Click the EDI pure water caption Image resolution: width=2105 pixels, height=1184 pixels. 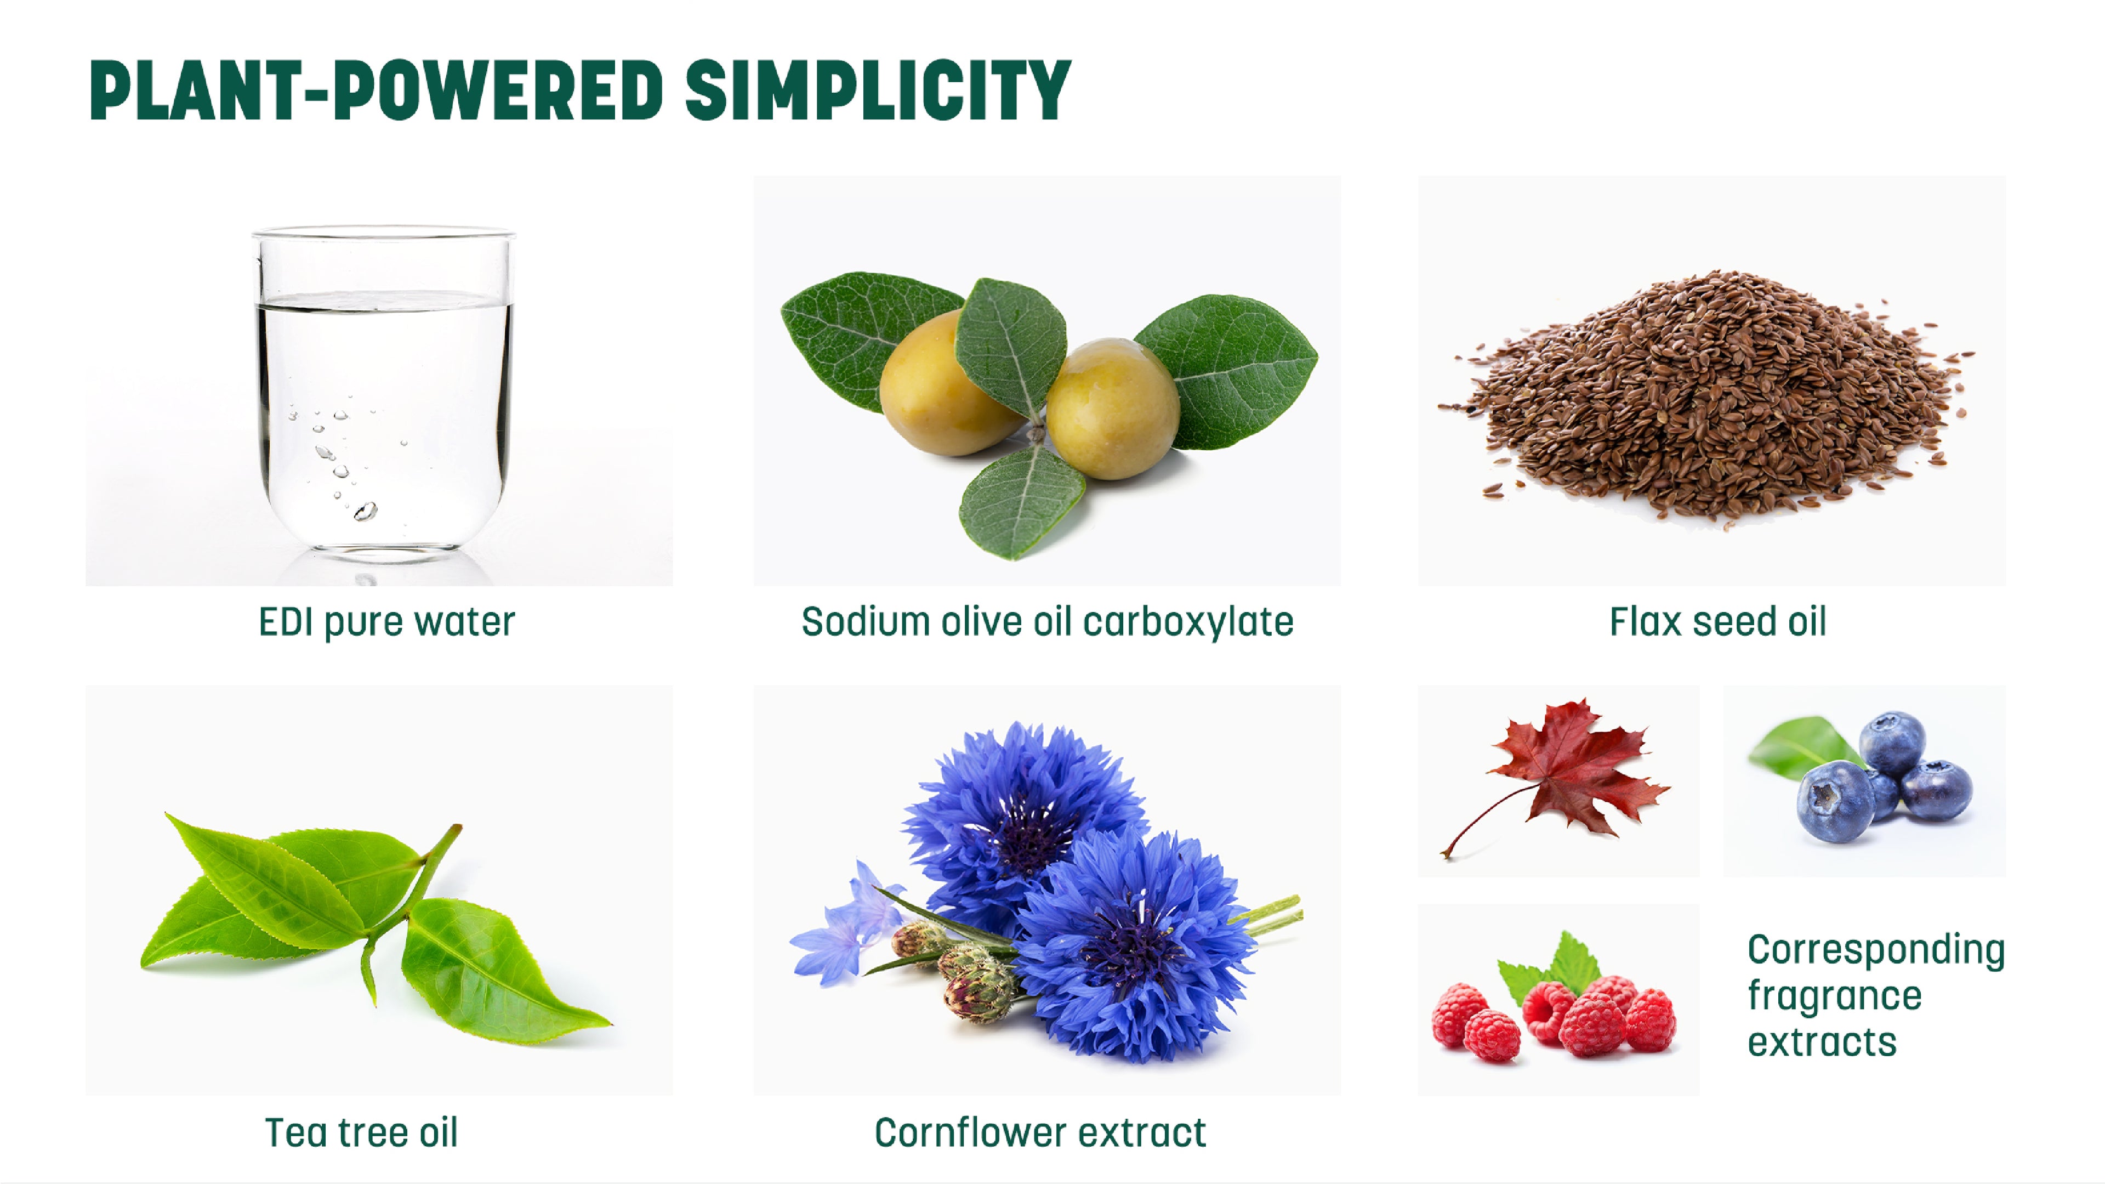pos(386,622)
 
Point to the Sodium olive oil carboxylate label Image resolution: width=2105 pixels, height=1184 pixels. pos(1047,622)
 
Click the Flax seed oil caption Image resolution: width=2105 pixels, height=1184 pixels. pos(1717,622)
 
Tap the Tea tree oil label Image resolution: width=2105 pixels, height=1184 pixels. pos(361,1132)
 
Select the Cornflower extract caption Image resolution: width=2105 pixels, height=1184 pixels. pos(1040,1132)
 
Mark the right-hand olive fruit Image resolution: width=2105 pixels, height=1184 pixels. pos(1113,409)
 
